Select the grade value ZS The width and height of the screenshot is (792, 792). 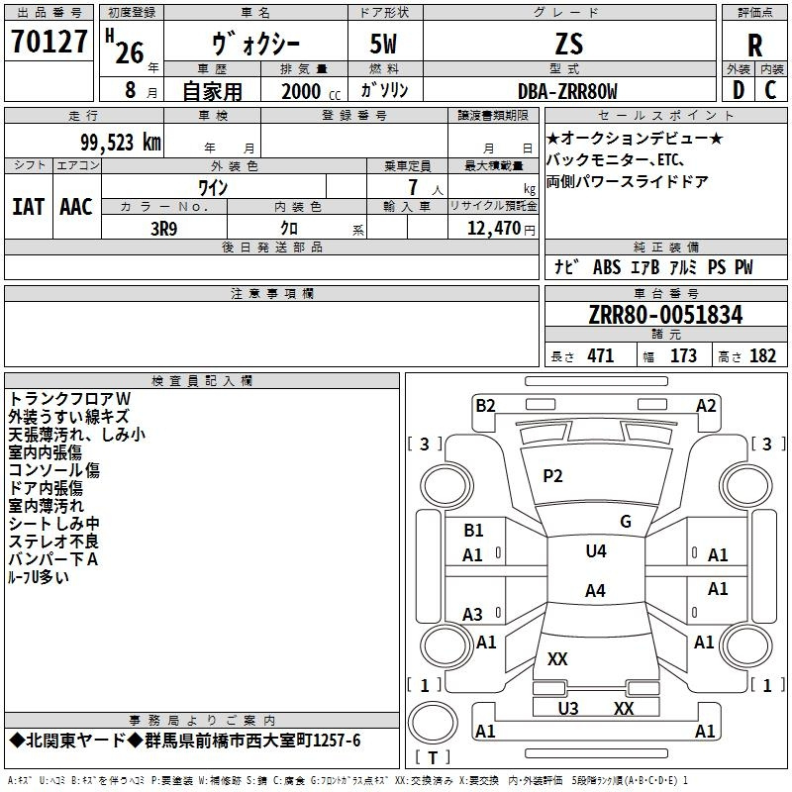pyautogui.click(x=569, y=44)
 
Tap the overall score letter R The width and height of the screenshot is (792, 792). pyautogui.click(x=754, y=46)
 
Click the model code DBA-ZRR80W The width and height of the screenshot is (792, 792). pyautogui.click(x=567, y=92)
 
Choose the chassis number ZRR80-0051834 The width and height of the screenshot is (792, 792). pyautogui.click(x=665, y=315)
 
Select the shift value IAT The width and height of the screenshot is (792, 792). pyautogui.click(x=28, y=207)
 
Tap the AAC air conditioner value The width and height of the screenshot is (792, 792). pyautogui.click(x=76, y=207)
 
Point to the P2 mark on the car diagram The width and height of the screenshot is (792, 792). pyautogui.click(x=552, y=476)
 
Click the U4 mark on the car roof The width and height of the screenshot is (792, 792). pyautogui.click(x=595, y=551)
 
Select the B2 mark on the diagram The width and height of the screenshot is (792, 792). pyautogui.click(x=485, y=405)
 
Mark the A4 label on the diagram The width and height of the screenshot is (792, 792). pyautogui.click(x=594, y=591)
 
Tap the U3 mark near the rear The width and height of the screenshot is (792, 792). pyautogui.click(x=568, y=708)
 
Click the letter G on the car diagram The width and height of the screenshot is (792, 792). pyautogui.click(x=625, y=521)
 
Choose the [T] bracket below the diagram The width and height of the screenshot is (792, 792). pyautogui.click(x=432, y=757)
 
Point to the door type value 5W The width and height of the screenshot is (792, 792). pyautogui.click(x=385, y=44)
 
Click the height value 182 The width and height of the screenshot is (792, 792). pyautogui.click(x=762, y=356)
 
